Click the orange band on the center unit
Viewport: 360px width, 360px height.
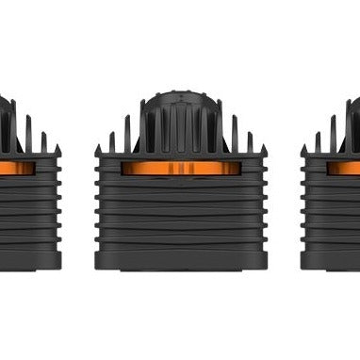coord(179,168)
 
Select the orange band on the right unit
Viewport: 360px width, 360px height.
coord(343,168)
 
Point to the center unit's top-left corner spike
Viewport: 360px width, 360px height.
coord(97,149)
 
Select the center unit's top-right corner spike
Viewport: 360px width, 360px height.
coord(263,149)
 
